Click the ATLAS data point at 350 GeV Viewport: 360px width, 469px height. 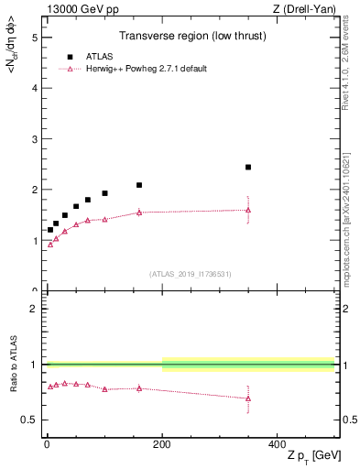click(248, 168)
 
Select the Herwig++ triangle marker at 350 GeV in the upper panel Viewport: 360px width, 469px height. click(248, 210)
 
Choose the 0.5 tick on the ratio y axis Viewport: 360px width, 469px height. click(29, 420)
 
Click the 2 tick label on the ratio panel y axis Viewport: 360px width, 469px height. click(34, 309)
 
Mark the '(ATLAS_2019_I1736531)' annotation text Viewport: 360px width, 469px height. click(191, 274)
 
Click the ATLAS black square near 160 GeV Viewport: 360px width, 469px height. click(139, 185)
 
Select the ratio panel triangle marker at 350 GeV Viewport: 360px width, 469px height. click(248, 398)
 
